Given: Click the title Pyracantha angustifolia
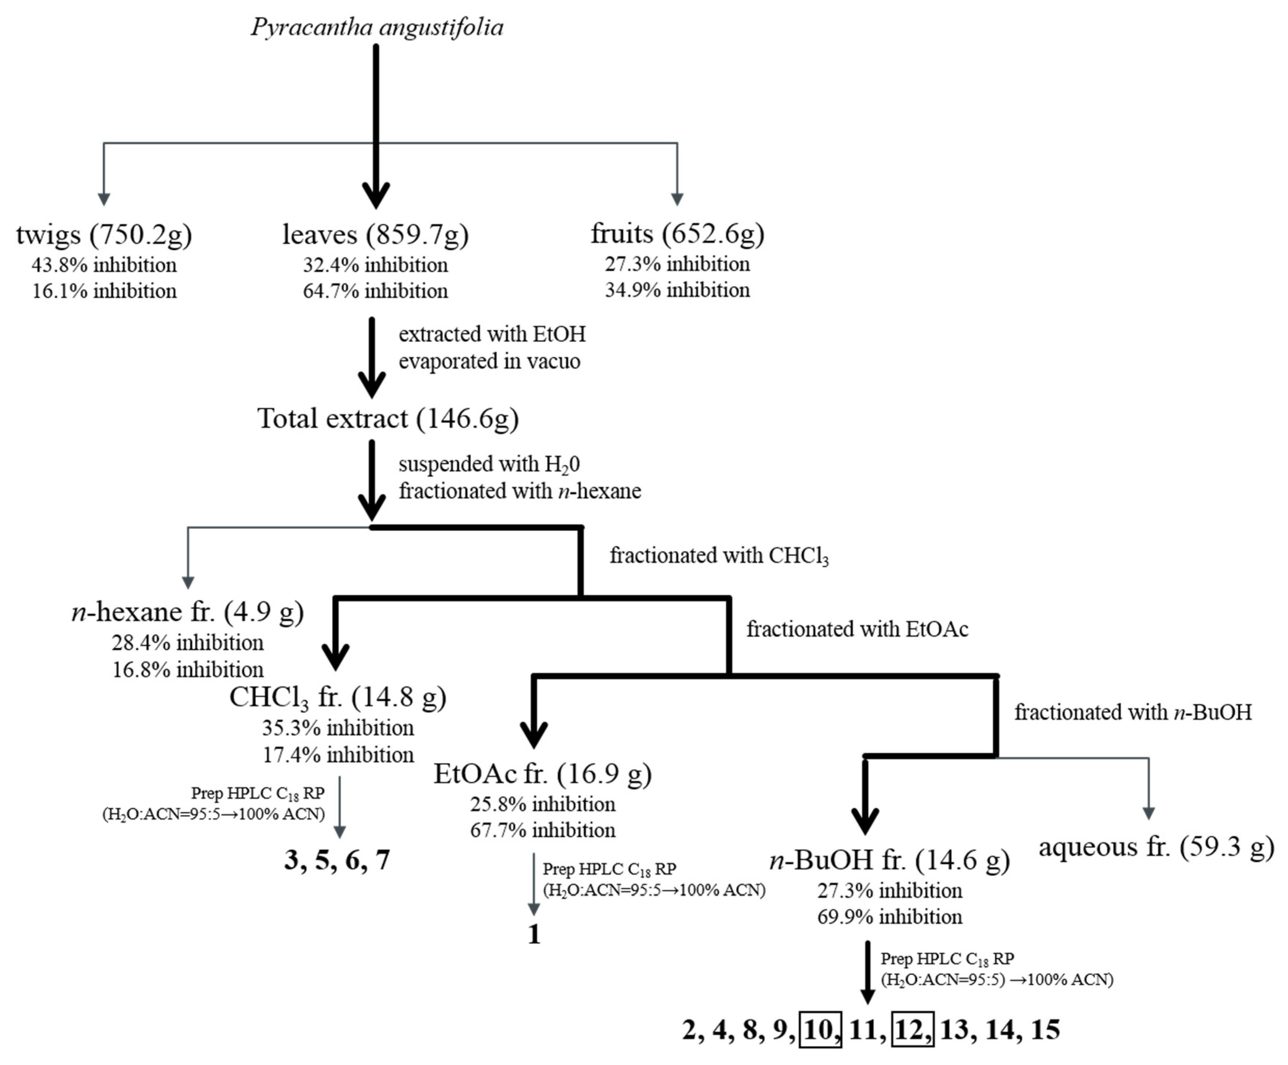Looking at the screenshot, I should [x=377, y=27].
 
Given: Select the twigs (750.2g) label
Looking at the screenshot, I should [x=104, y=234].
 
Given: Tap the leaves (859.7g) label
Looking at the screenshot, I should [x=375, y=234].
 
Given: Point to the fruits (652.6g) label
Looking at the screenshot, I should [x=677, y=234].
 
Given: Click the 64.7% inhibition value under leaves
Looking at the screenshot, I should [x=375, y=291].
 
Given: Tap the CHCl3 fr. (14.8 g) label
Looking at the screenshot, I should [x=338, y=698].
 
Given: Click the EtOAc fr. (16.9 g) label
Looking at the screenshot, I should [x=542, y=774].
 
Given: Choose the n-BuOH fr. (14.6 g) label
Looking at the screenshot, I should [x=890, y=861].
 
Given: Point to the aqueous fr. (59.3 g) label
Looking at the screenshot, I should [x=1156, y=847].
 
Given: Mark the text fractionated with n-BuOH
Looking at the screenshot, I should [x=1133, y=712].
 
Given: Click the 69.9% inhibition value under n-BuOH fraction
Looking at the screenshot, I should [x=890, y=917].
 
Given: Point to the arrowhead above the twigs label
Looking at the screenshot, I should [x=104, y=200].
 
